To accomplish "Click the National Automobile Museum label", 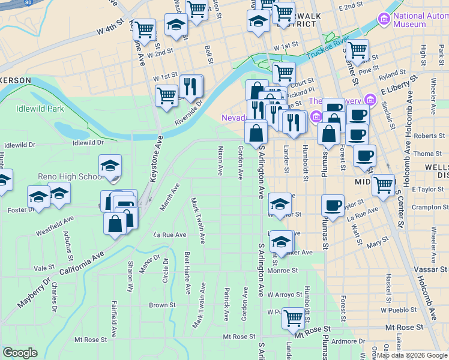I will tap(420, 20).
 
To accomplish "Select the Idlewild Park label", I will tap(40, 109).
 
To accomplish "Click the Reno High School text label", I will tap(71, 176).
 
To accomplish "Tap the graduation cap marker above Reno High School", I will tap(110, 167).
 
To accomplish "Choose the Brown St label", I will tap(162, 305).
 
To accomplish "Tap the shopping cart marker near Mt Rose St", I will tap(293, 317).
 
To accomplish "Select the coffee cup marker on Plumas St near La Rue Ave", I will tap(333, 205).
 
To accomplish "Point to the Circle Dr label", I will tap(165, 271).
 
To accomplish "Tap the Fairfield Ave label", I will tap(113, 319).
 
